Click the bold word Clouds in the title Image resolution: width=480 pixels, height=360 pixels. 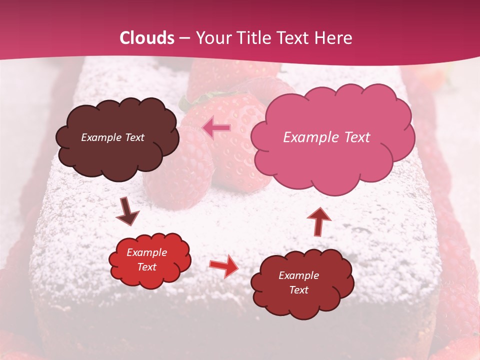click(x=147, y=38)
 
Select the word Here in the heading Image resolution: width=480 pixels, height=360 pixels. click(x=334, y=38)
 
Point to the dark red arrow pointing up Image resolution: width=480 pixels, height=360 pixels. click(x=318, y=220)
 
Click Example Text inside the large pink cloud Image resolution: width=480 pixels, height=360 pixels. click(x=326, y=137)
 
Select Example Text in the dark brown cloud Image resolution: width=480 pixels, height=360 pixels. click(x=112, y=137)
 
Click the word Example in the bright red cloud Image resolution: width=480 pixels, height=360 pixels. click(x=146, y=253)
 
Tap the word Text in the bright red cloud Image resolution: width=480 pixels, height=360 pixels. click(x=146, y=267)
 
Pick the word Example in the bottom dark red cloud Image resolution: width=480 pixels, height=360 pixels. click(x=298, y=275)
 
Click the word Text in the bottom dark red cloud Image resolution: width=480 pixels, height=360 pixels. click(x=298, y=290)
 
